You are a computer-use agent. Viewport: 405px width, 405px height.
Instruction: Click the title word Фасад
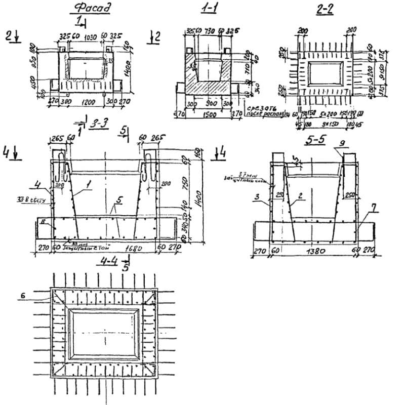pyautogui.click(x=92, y=8)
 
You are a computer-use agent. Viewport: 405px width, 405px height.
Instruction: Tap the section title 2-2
pyautogui.click(x=326, y=10)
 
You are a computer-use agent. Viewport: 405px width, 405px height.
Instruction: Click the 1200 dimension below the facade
pyautogui.click(x=89, y=101)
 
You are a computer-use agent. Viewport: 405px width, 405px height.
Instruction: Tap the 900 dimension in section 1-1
pyautogui.click(x=212, y=103)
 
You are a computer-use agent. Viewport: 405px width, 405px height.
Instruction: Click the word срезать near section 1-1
pyautogui.click(x=258, y=108)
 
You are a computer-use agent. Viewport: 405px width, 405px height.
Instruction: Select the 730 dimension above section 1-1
pyautogui.click(x=209, y=31)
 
